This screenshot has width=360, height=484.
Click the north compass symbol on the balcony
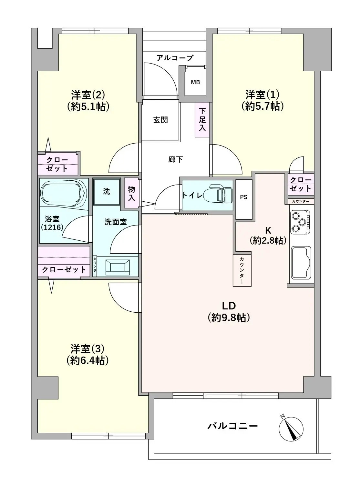point(291,429)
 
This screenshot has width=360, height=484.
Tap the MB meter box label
point(195,82)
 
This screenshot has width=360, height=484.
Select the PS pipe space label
point(243,197)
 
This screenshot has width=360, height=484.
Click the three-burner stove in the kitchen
point(300,222)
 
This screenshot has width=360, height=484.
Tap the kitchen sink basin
point(301,263)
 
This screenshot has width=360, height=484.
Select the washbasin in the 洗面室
point(118,267)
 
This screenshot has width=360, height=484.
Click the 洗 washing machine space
point(107,192)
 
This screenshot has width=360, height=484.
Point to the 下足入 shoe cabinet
point(202,120)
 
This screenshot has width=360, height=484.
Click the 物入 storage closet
point(132,193)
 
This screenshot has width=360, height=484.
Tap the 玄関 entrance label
point(160,120)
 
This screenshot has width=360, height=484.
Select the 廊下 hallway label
point(175,159)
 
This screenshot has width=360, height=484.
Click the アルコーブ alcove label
point(175,58)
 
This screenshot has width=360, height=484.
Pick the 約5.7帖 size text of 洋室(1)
point(262,106)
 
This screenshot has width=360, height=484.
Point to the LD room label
point(229,306)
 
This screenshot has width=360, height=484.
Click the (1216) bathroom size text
point(52,227)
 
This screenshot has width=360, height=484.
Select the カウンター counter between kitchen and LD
point(242,270)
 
